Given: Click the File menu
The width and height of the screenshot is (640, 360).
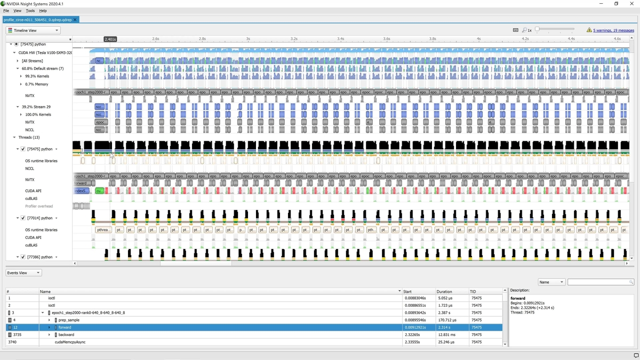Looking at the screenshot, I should coord(6,11).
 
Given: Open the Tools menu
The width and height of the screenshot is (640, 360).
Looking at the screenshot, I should coord(30,11).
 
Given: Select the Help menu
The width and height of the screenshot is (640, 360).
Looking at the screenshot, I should coord(43,11).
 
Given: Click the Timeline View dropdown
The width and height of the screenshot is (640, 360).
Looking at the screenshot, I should coord(33,30).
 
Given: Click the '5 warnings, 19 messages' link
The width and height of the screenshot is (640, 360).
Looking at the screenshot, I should coord(613,30).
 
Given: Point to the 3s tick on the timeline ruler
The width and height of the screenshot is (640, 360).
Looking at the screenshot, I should coord(248,39).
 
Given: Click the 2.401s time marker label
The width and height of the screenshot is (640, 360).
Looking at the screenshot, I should coord(110,39).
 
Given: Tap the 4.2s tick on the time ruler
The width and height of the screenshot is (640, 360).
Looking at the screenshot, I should coord(525,39).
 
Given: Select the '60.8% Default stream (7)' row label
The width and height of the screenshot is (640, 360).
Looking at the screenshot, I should coord(43,69).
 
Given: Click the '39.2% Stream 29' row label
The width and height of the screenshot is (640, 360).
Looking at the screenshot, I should coord(36,107).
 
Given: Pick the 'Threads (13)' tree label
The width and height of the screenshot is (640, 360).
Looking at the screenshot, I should coord(29,138).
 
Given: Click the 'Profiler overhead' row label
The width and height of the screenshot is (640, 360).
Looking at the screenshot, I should coord(39,206).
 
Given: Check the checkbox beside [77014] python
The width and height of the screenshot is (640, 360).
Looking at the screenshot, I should coord(23,218).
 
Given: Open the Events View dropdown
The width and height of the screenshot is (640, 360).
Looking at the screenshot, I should coord(23,273).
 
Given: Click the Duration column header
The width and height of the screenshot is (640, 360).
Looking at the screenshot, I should coord(444,292).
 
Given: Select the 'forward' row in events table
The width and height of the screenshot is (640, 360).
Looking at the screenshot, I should coord(65,327).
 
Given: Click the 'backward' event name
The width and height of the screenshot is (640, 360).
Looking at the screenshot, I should coord(66,335).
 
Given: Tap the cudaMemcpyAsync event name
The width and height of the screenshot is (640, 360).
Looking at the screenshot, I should coord(70,342).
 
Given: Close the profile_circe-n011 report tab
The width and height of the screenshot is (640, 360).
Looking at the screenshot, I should coord(76,20).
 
